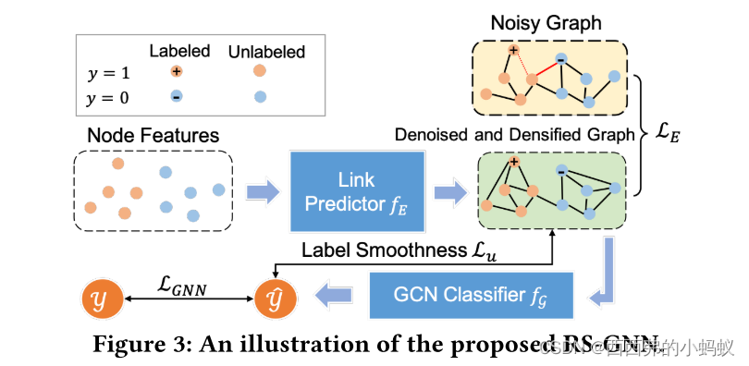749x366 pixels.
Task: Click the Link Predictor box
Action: coord(357,192)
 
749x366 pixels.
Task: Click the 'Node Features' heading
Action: coord(153,136)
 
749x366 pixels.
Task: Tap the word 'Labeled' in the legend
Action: coord(179,51)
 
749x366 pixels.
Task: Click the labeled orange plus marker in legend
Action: coord(177,71)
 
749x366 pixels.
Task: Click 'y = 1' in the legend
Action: coord(108,71)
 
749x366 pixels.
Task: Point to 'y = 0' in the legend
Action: coord(108,96)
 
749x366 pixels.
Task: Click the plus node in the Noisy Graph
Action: coord(514,51)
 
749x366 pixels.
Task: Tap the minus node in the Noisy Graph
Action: coord(560,59)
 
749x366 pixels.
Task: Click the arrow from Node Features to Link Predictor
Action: coord(263,192)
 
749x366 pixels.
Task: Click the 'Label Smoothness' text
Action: coord(364,250)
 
